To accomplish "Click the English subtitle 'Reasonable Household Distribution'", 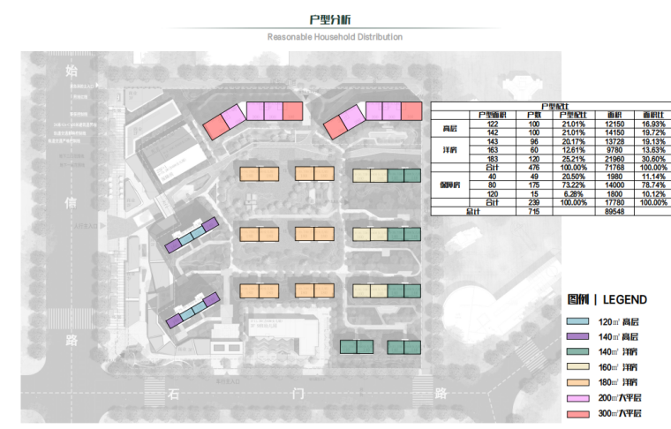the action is coord(335,37).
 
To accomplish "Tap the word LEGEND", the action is coord(624,300).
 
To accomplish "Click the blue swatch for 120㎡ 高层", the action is coord(577,322).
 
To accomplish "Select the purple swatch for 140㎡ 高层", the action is coord(577,337).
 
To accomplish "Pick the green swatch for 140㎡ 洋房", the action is coord(577,352).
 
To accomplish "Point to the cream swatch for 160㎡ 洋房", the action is coord(577,367).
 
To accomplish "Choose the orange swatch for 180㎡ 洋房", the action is coord(577,382).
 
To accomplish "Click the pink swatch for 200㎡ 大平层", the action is coord(577,398).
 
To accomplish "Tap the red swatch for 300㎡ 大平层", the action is coord(577,413).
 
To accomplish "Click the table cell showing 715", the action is coord(533,213).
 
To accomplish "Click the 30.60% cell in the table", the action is coord(652,159).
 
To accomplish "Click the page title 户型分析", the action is coord(335,19).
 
